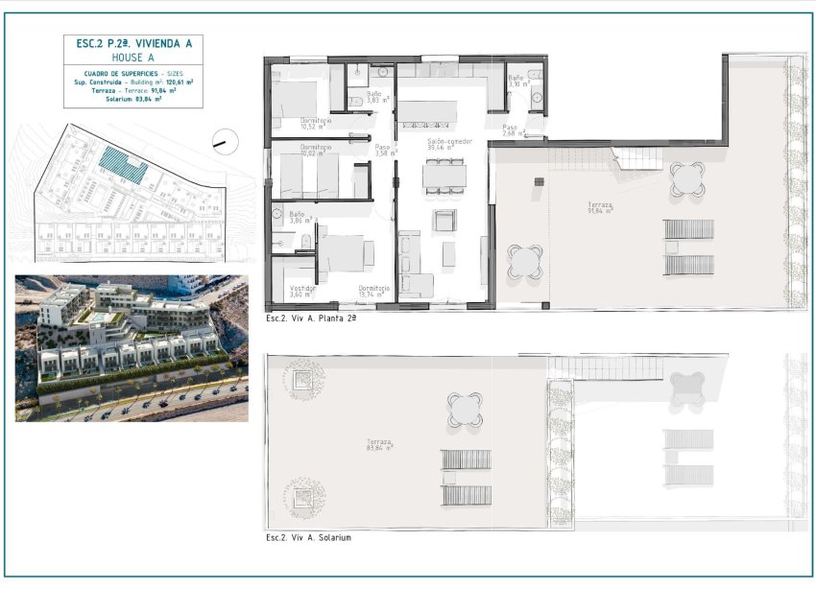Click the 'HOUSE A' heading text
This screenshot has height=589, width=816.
tap(132, 57)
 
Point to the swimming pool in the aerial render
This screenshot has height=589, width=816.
tap(99, 316)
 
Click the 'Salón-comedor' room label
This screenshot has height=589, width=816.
tap(447, 144)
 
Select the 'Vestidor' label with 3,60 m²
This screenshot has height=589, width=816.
tap(303, 291)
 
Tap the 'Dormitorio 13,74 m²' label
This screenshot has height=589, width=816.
tap(374, 291)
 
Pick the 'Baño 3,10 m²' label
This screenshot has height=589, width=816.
tap(516, 82)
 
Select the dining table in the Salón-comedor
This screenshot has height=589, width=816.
tap(444, 175)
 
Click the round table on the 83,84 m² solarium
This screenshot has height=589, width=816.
tap(464, 410)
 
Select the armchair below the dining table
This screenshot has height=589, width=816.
tap(444, 221)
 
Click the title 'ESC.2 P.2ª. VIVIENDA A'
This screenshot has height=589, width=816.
tap(132, 42)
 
